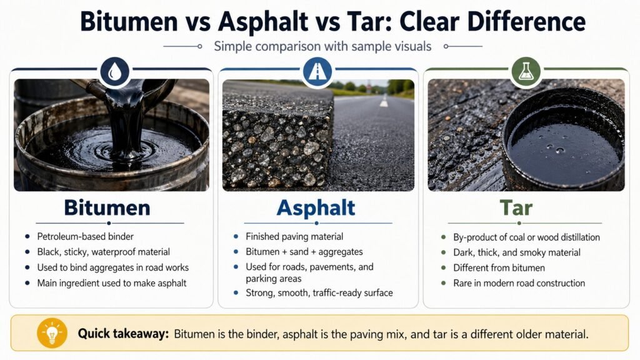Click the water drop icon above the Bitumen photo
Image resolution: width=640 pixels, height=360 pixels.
tap(115, 72)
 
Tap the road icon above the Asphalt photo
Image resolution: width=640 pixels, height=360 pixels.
tap(317, 72)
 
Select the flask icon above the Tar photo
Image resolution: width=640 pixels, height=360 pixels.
tap(525, 72)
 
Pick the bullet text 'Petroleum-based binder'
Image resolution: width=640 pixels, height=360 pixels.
tap(86, 237)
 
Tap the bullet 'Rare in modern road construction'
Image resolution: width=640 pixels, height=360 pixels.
tap(519, 283)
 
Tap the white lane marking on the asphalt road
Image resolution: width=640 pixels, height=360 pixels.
tap(383, 101)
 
